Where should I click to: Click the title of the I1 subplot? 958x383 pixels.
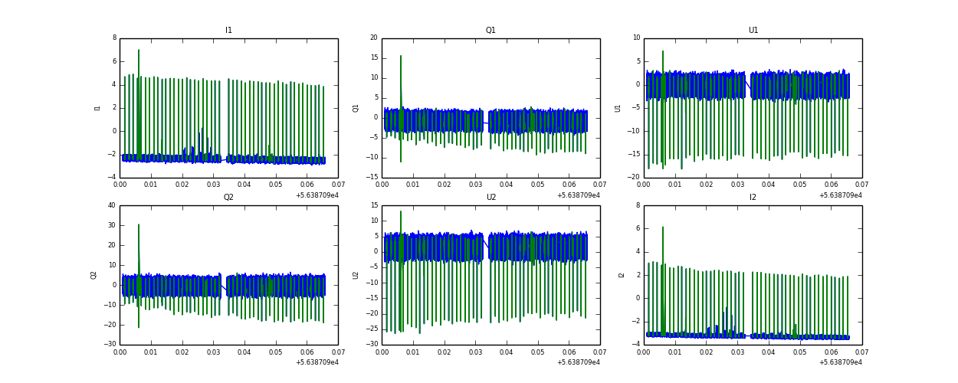[228, 31]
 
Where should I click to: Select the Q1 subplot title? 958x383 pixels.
[490, 31]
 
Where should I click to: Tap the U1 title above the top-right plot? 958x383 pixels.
[753, 31]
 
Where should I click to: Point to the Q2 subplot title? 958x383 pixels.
[228, 198]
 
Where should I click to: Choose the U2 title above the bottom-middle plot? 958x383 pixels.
[490, 198]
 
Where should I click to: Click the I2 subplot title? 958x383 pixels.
[753, 198]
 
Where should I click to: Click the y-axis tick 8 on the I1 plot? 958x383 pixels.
[114, 38]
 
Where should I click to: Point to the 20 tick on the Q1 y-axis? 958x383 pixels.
[373, 38]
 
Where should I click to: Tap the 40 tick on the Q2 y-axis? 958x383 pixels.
[112, 205]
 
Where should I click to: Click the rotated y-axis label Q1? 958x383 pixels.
[356, 108]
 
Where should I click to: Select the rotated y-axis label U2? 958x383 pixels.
[356, 275]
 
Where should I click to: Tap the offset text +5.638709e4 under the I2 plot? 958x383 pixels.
[840, 362]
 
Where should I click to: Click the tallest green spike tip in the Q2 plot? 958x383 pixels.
[139, 224]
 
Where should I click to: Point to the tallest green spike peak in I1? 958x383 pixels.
[139, 51]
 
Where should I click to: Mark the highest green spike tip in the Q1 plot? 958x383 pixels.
[400, 55]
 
